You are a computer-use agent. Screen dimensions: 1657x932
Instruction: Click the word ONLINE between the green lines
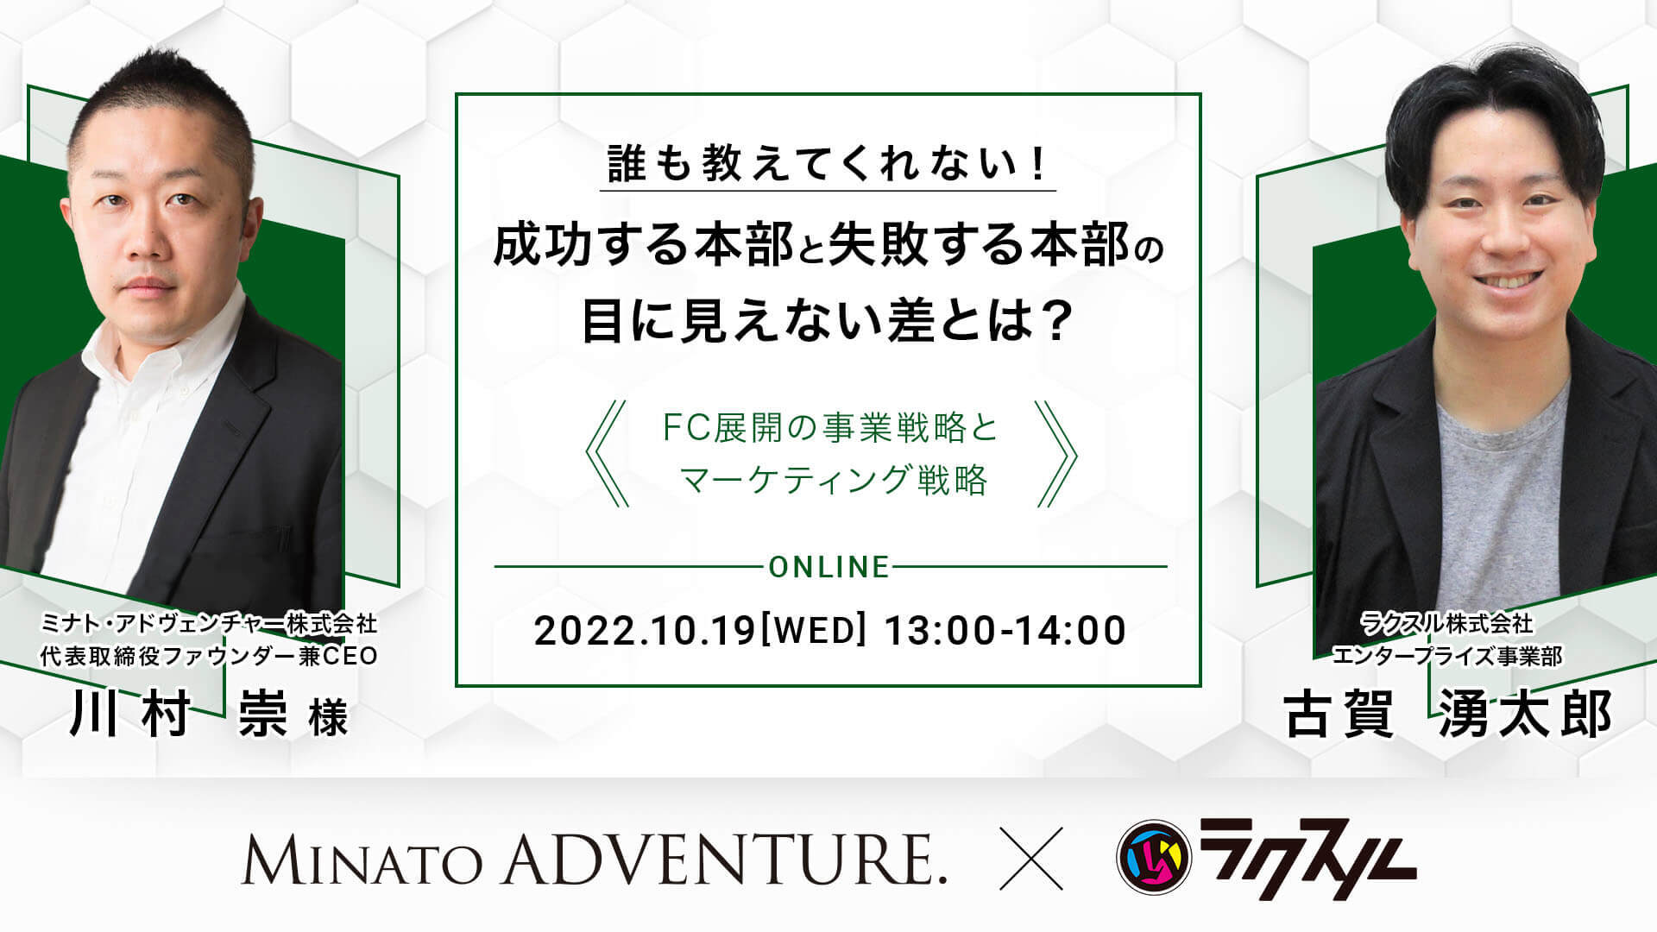(828, 567)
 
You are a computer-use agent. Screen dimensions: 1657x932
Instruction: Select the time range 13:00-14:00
(1005, 631)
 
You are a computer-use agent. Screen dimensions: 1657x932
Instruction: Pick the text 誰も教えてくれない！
(828, 163)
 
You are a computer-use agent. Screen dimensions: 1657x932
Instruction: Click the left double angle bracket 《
(607, 453)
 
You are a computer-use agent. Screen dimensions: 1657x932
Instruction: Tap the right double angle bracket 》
(1055, 453)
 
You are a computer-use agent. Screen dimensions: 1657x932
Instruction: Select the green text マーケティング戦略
(834, 480)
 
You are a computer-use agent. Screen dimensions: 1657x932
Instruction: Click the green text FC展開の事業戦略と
(830, 428)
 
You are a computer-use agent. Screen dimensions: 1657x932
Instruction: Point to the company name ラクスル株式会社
(1446, 622)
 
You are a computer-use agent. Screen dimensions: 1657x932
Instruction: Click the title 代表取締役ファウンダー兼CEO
(209, 656)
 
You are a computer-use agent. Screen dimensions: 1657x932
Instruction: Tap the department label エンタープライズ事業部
(1447, 657)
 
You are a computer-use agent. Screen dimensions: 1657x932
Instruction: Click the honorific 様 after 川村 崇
(329, 720)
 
